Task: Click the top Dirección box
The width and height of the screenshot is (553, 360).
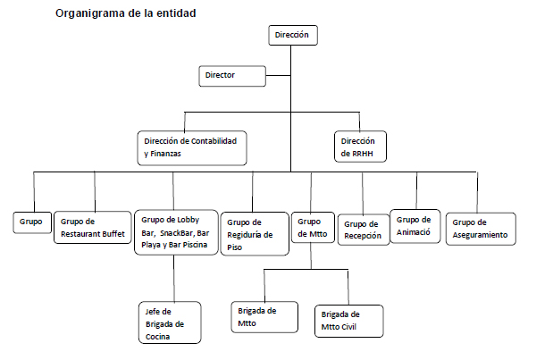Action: [293, 35]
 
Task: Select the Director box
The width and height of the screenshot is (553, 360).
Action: [232, 76]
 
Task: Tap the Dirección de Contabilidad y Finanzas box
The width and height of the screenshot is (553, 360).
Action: [192, 148]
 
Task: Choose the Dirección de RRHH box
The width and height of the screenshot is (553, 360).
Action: [360, 147]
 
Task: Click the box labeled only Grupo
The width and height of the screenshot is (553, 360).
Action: [32, 222]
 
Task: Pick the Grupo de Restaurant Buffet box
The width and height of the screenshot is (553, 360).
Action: [92, 228]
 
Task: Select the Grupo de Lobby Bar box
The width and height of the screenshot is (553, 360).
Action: [176, 232]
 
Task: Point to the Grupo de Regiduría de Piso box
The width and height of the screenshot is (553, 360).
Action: [255, 234]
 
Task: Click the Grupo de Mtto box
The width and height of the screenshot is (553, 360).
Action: [313, 228]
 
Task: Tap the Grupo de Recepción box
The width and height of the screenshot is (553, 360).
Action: [364, 230]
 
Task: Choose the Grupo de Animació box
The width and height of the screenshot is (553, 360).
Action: [415, 226]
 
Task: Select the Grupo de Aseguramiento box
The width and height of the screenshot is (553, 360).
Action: [481, 229]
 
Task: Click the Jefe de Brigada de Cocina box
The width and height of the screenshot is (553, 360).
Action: [170, 322]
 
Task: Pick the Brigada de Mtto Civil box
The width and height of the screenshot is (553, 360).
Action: [348, 322]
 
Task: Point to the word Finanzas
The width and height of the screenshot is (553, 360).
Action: [165, 154]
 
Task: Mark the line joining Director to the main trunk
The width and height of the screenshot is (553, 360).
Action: [278, 75]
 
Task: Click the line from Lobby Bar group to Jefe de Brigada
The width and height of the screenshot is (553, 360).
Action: [174, 278]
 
